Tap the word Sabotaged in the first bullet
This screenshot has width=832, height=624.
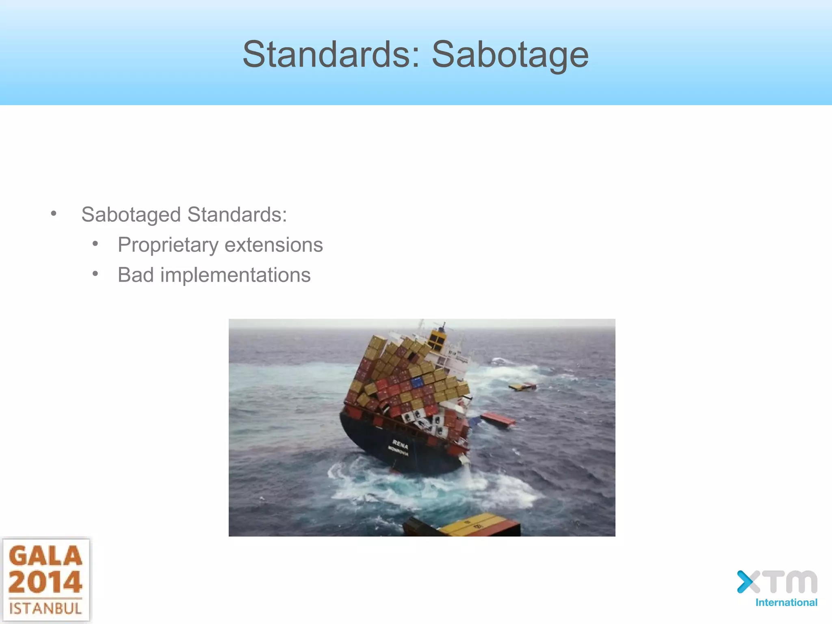(x=131, y=214)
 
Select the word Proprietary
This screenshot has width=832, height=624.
(x=168, y=245)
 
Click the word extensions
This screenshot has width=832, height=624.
(x=273, y=245)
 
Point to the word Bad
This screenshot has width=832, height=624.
(x=136, y=275)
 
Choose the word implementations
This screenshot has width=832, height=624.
(x=235, y=275)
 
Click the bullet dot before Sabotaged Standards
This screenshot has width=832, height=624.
(x=54, y=214)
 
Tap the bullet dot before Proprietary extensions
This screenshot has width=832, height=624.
(x=95, y=244)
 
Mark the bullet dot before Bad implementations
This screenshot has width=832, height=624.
(x=95, y=274)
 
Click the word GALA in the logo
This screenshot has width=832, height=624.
(x=45, y=556)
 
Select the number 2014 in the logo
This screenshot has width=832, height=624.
(x=45, y=582)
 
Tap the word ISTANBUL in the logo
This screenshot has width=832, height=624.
(x=45, y=609)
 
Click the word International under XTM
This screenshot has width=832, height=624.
(x=786, y=602)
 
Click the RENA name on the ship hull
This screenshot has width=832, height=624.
(x=400, y=444)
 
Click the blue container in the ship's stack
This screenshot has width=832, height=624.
(x=417, y=382)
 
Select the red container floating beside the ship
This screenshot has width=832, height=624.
(x=498, y=419)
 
